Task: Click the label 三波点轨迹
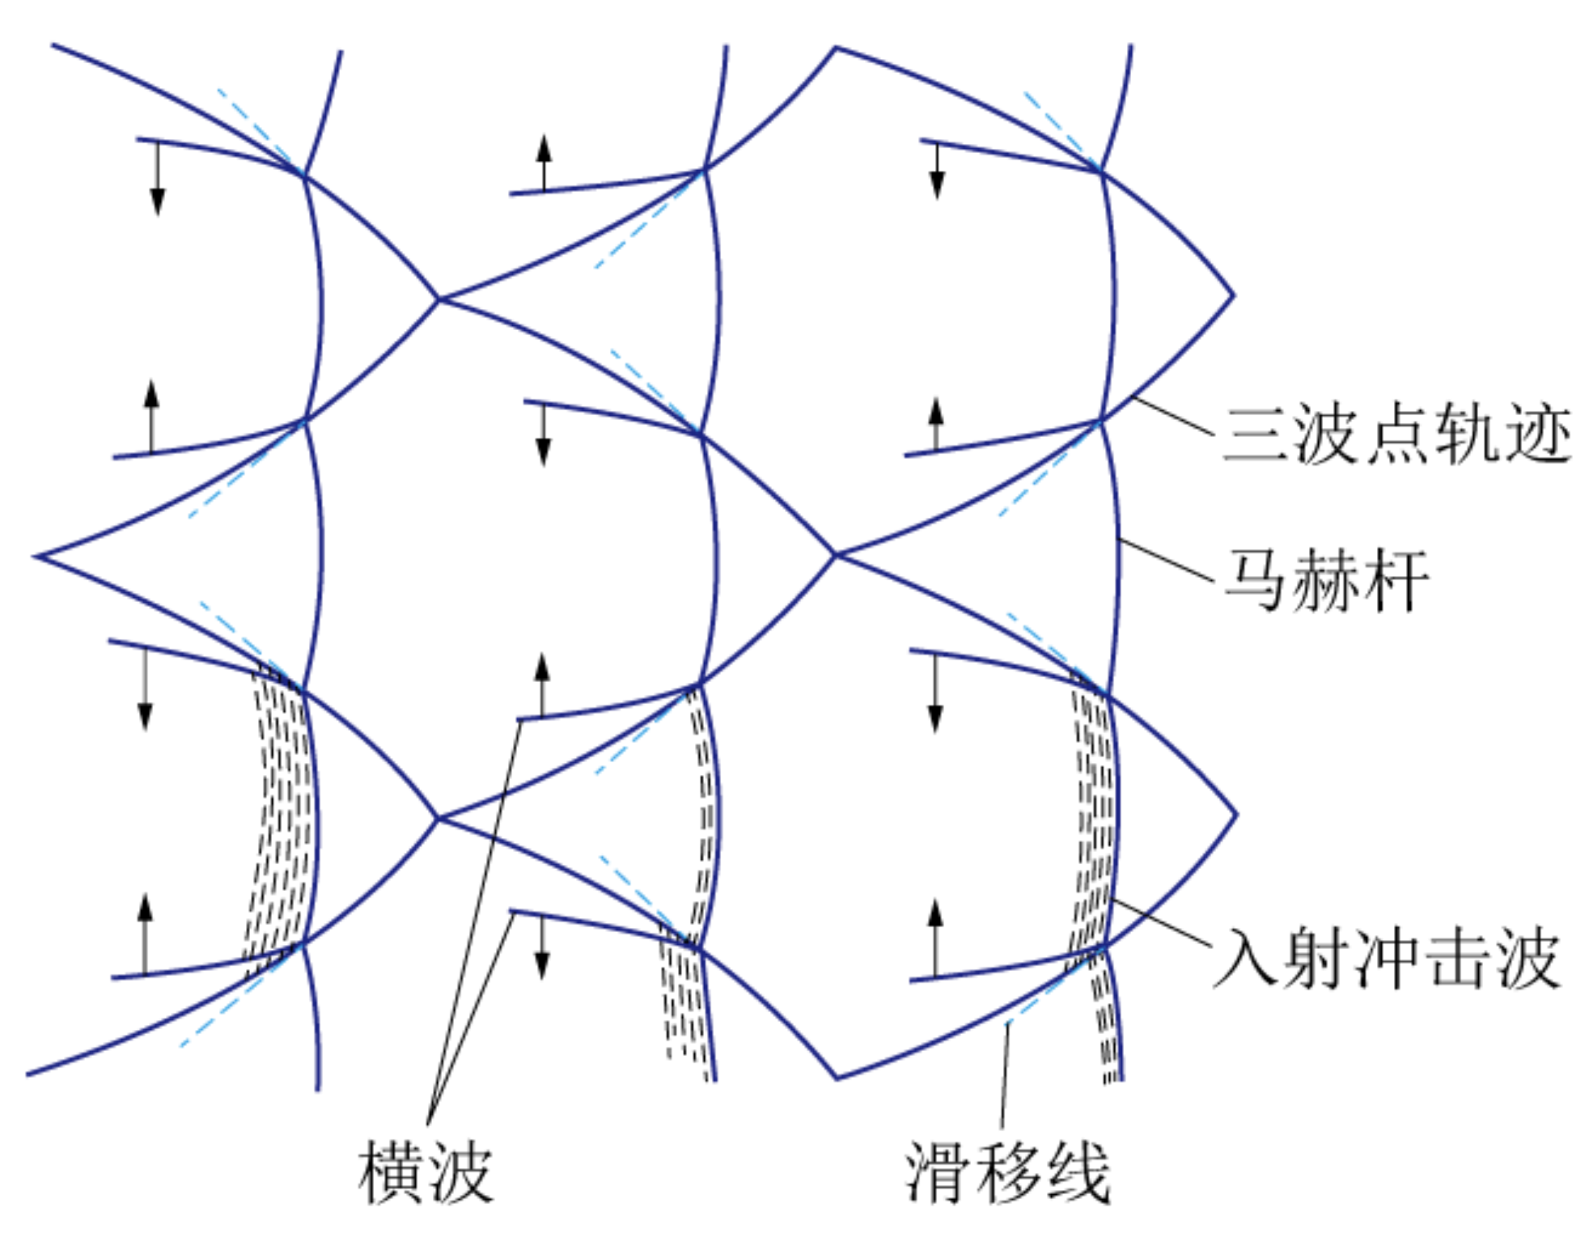point(1397,435)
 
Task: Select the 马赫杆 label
point(1326,581)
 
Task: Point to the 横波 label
point(425,1172)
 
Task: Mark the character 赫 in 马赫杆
point(1326,581)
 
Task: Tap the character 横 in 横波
point(390,1172)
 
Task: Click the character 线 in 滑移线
point(1077,1172)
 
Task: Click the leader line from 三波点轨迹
point(1173,416)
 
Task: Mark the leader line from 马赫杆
point(1166,561)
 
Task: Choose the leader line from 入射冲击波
point(1163,924)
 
